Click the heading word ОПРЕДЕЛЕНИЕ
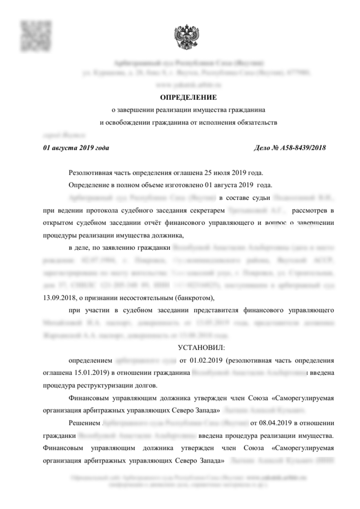[188, 97]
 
